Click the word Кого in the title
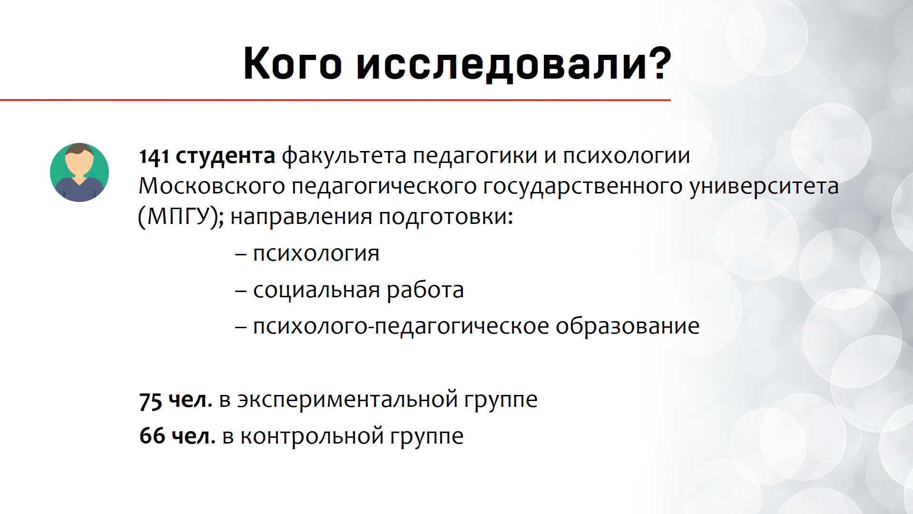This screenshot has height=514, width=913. coord(293,63)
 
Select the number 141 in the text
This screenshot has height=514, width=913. coord(154,157)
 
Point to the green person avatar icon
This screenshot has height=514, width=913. coord(79,172)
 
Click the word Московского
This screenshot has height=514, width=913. coord(212,186)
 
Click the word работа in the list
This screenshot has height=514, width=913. coord(425,290)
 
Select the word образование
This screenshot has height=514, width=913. coord(628,326)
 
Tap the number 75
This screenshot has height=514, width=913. coord(150,401)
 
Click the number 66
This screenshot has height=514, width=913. coord(152,436)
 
